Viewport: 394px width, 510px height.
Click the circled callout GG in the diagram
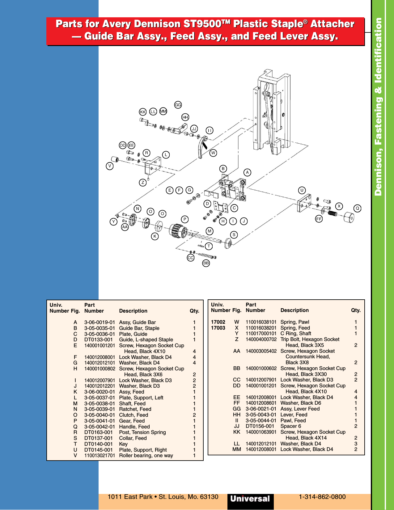(178, 105)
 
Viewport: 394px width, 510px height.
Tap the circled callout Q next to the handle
(358, 208)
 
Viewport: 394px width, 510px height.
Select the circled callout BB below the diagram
(206, 263)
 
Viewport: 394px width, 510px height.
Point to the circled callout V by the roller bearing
(110, 166)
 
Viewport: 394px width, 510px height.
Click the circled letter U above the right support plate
(302, 190)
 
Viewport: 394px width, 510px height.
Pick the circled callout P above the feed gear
(185, 219)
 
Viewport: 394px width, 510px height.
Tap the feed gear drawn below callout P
(178, 231)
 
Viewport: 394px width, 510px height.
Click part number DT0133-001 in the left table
(98, 339)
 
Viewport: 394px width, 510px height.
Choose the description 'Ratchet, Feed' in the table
(135, 409)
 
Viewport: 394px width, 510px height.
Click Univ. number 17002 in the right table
(218, 322)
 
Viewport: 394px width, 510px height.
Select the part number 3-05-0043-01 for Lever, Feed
(261, 415)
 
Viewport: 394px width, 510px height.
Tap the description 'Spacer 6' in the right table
(290, 426)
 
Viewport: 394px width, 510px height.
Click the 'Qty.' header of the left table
(194, 311)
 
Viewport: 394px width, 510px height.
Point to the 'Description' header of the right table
(294, 310)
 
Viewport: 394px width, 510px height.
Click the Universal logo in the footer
(250, 499)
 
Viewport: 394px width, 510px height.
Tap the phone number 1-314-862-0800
(322, 497)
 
